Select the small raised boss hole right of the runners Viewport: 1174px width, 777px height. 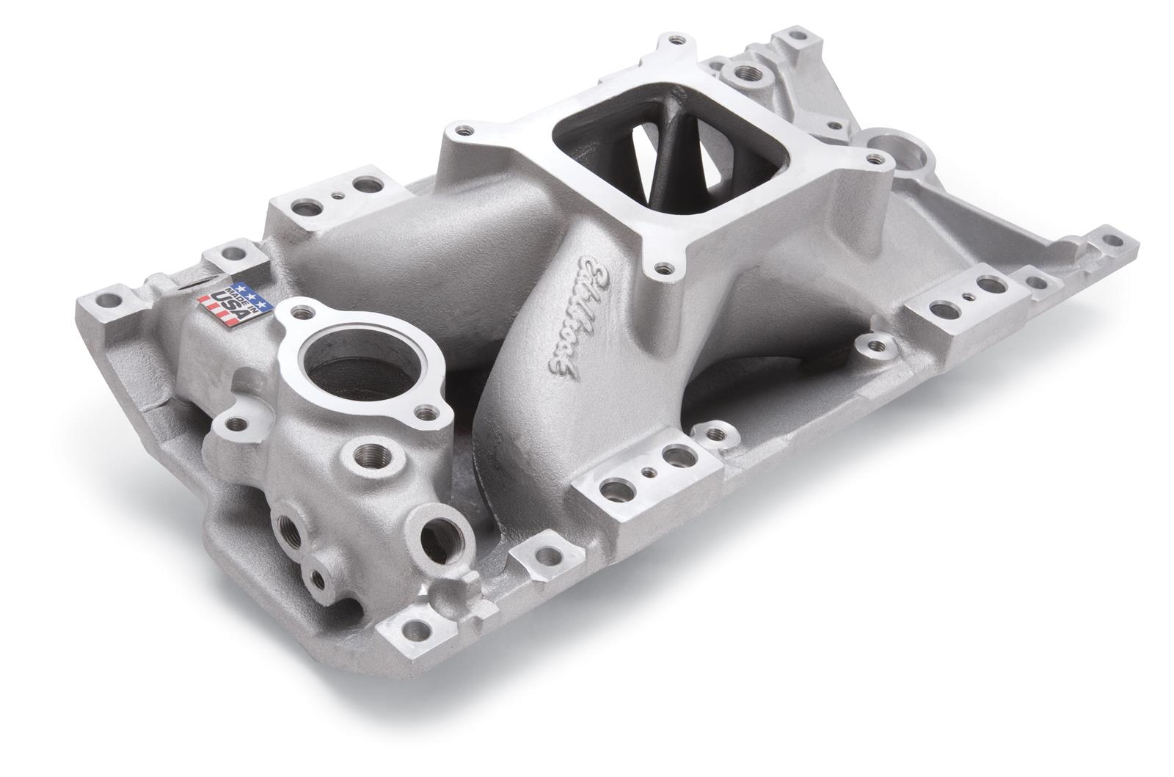point(873,343)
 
